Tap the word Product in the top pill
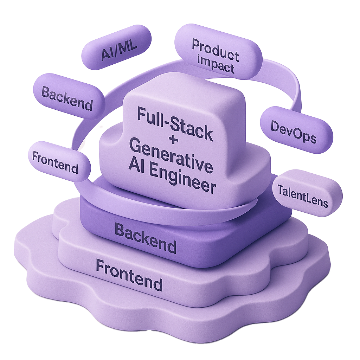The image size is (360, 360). point(215,49)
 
